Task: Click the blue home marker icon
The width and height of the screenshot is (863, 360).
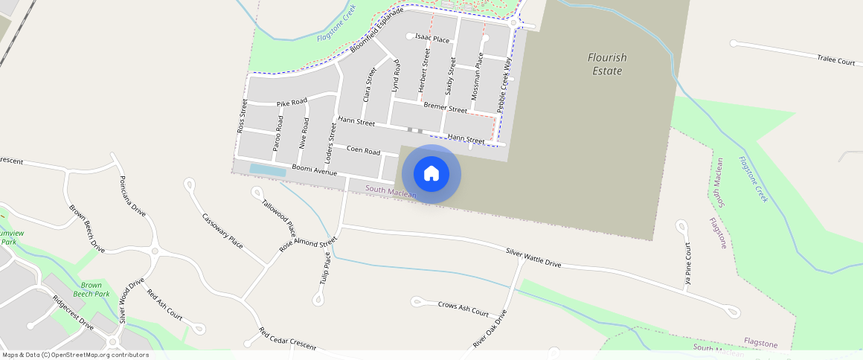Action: pyautogui.click(x=431, y=174)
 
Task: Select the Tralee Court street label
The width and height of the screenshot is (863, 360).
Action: pyautogui.click(x=835, y=60)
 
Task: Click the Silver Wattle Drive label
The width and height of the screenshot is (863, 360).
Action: pyautogui.click(x=533, y=258)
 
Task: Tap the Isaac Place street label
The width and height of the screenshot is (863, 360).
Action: pyautogui.click(x=432, y=39)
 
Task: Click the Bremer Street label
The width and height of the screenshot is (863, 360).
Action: pyautogui.click(x=445, y=107)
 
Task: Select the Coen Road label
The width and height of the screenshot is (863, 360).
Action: pyautogui.click(x=363, y=150)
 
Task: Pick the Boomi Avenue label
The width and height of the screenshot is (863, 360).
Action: pyautogui.click(x=314, y=171)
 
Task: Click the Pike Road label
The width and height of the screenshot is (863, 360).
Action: pyautogui.click(x=292, y=103)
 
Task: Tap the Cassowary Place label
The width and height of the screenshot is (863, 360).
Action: pyautogui.click(x=222, y=231)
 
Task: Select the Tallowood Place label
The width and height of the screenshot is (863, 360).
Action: pyautogui.click(x=278, y=218)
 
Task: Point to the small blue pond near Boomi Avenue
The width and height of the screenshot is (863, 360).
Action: pyautogui.click(x=267, y=170)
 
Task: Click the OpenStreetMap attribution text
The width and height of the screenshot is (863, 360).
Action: pyautogui.click(x=76, y=355)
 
